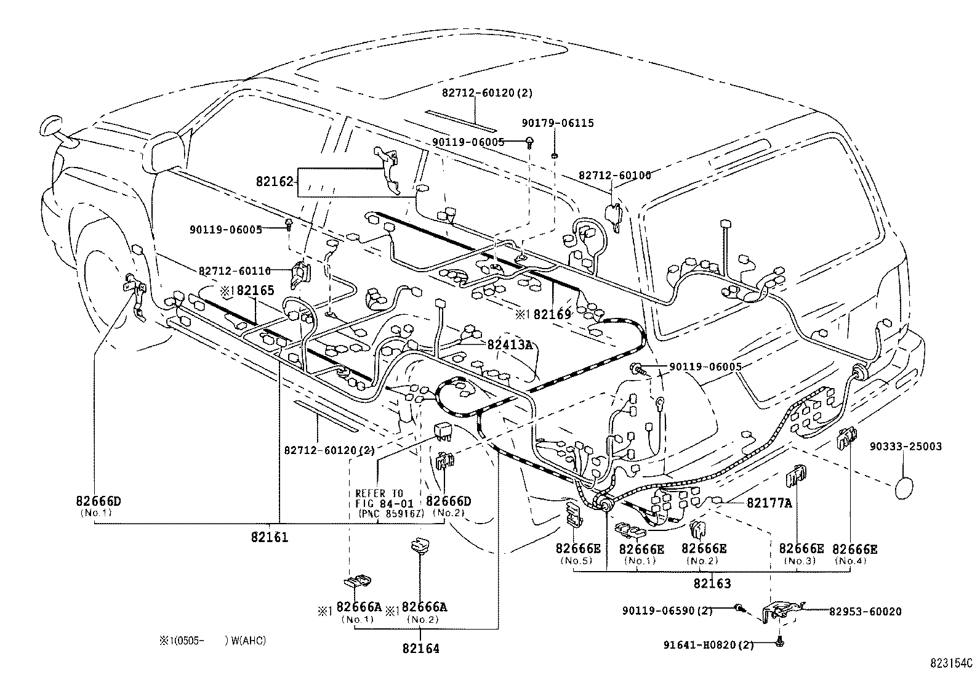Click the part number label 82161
tap(269, 537)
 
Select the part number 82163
tap(712, 583)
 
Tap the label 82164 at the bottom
tap(421, 649)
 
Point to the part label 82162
tap(275, 182)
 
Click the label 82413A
tap(509, 345)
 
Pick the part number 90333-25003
tap(905, 447)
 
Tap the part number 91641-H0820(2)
tap(709, 645)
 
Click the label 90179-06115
tap(558, 123)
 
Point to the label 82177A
tap(769, 503)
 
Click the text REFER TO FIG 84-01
tap(379, 498)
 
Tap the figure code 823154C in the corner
tap(950, 664)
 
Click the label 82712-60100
tap(614, 176)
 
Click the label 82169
tap(552, 315)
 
